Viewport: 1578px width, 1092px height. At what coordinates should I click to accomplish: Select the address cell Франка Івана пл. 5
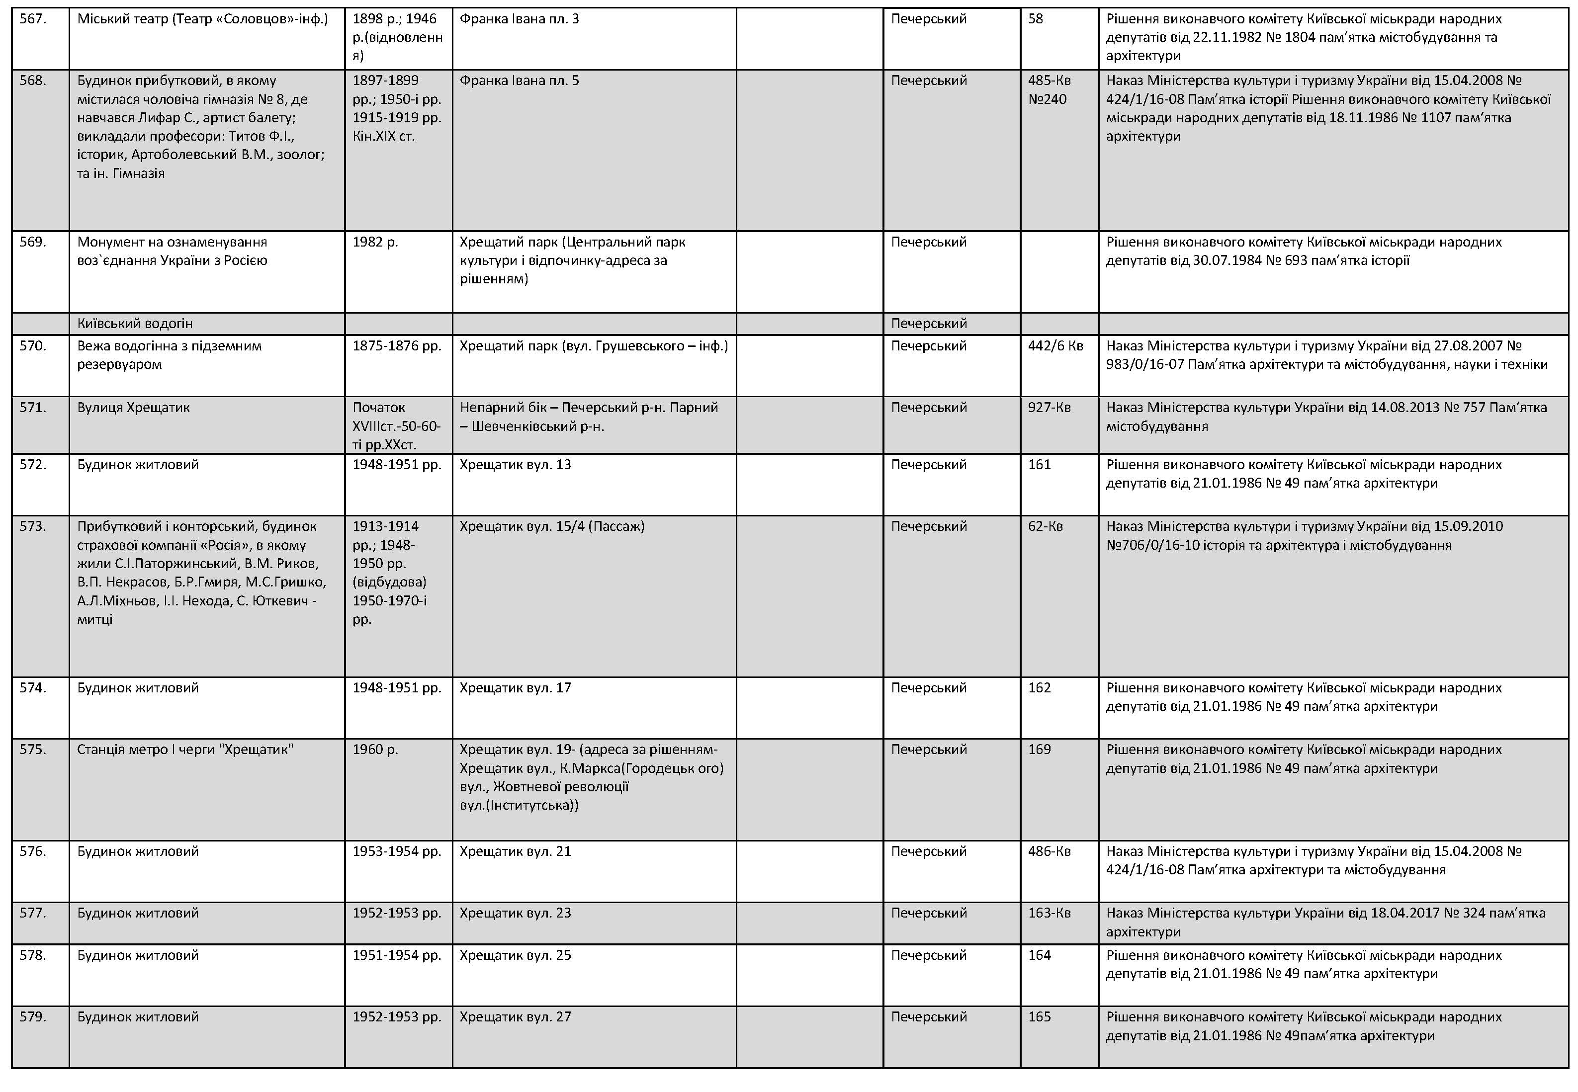(519, 81)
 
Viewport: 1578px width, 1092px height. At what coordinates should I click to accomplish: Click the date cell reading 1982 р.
(374, 242)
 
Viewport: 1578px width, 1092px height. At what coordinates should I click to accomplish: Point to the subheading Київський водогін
(135, 324)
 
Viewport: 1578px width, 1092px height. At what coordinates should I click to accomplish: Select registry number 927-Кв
(1049, 408)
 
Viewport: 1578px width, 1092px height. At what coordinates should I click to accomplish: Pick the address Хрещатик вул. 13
(515, 465)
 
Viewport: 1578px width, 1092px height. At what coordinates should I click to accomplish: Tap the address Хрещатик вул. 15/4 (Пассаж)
(551, 527)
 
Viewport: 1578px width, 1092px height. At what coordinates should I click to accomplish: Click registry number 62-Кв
(1045, 527)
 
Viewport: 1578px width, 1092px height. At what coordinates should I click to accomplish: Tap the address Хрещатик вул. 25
(515, 956)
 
